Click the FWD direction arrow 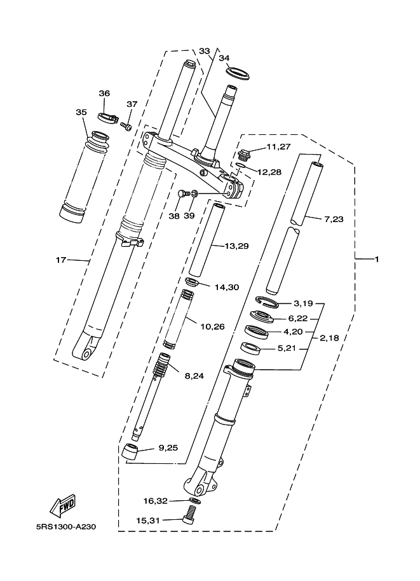[64, 506]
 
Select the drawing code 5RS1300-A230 [66, 526]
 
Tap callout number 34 [224, 58]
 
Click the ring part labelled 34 [238, 73]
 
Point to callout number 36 [104, 93]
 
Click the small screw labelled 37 [126, 127]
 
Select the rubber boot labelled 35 [85, 176]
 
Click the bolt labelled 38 [184, 194]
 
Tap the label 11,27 [279, 147]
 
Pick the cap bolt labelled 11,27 [245, 153]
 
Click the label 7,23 [334, 219]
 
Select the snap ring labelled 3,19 [267, 301]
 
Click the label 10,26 [212, 326]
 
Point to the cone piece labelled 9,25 [130, 452]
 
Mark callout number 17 [61, 260]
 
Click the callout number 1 [377, 260]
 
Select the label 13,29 [237, 246]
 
